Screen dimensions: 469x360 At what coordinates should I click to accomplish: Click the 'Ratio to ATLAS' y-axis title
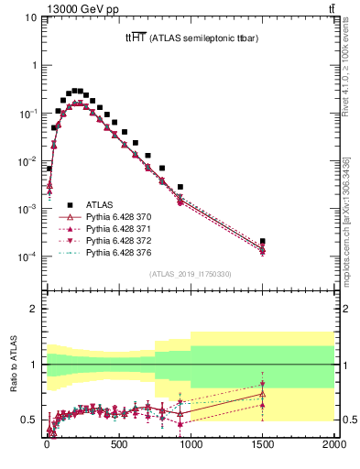pos(12,365)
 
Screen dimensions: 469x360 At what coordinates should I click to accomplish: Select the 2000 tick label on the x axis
pos(334,445)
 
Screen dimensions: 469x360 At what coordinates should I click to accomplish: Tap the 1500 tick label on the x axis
pos(262,445)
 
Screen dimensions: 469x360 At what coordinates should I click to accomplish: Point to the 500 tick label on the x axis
pos(118,445)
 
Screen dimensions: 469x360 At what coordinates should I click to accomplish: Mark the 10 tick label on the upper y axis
pos(29,17)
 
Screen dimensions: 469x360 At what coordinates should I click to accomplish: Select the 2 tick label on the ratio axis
pos(32,310)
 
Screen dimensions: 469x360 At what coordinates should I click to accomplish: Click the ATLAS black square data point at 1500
pos(262,241)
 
